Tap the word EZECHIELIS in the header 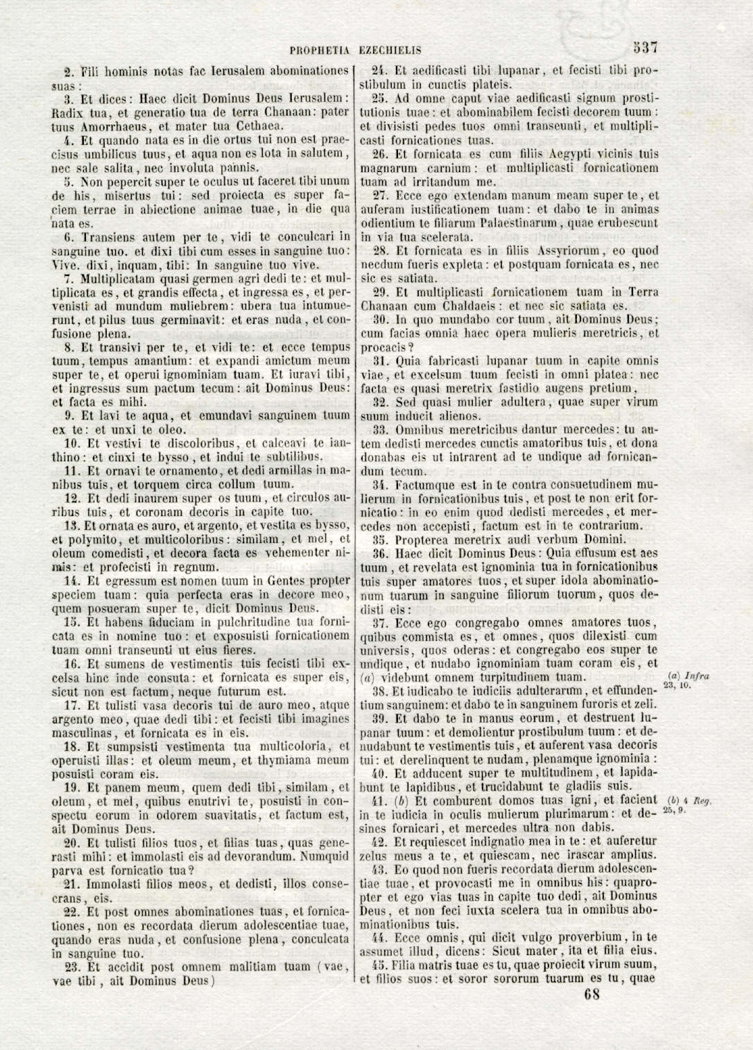391,51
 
